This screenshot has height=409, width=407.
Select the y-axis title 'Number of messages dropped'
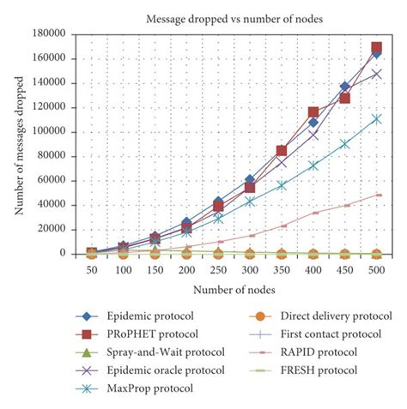tap(18, 143)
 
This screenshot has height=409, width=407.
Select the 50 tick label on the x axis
tap(93, 268)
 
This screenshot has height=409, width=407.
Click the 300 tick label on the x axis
tap(249, 268)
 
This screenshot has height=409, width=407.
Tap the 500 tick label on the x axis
tap(375, 268)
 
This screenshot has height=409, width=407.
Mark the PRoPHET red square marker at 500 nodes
tap(376, 48)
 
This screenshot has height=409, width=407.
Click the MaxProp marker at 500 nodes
tap(376, 119)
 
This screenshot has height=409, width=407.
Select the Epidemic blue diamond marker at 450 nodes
tap(344, 87)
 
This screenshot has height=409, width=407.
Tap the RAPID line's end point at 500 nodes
tap(376, 195)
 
